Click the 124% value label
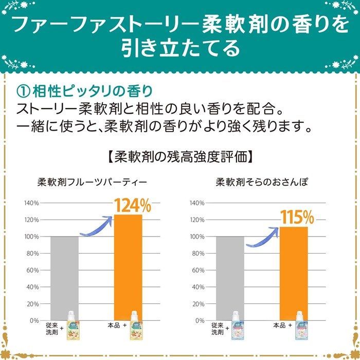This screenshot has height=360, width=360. pyautogui.click(x=132, y=206)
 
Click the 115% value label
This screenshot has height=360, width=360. pyautogui.click(x=297, y=217)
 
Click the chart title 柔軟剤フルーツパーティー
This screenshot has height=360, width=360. pyautogui.click(x=93, y=182)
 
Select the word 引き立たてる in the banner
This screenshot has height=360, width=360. pyautogui.click(x=180, y=48)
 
